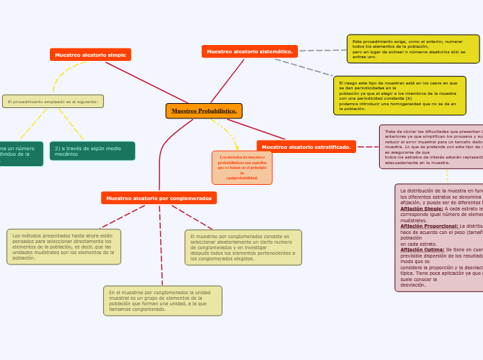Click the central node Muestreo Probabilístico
204,111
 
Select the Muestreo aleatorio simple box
90,55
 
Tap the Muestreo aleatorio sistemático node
249,51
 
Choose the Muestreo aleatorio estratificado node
306,147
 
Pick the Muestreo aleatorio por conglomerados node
159,198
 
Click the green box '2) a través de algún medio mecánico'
92,151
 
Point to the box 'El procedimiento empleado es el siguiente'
53,102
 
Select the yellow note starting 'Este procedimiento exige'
413,49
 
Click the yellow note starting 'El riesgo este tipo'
399,96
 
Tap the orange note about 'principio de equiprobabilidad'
242,168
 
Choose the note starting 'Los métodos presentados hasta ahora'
64,246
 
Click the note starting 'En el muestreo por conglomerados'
163,300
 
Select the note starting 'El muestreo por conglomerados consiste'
243,247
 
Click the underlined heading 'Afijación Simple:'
421,208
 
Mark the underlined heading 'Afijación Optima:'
422,249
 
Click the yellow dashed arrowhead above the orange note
237,147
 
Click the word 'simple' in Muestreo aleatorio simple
116,55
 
